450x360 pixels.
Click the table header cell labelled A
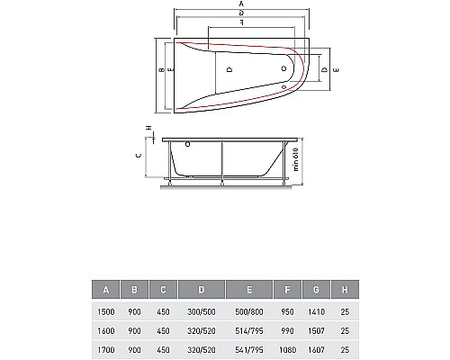[x=105, y=290]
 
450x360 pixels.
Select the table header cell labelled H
[x=345, y=290]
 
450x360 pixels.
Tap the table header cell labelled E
[x=249, y=290]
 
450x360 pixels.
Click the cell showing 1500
[x=106, y=312]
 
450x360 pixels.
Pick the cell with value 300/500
[x=202, y=312]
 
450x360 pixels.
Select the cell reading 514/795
[x=249, y=331]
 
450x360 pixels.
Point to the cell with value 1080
[x=287, y=350]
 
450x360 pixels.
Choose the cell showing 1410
[x=316, y=312]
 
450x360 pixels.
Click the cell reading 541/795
[x=249, y=350]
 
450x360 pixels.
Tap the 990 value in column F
[x=287, y=331]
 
